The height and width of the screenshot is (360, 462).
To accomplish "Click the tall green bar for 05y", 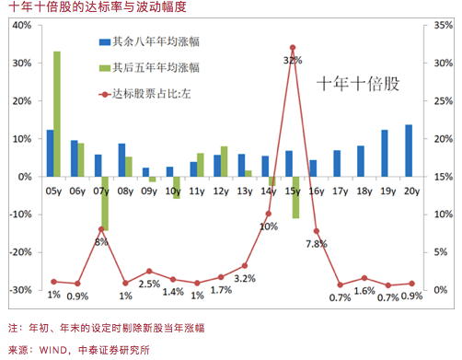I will click(57, 113).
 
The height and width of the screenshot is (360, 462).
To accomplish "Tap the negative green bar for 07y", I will click(105, 203).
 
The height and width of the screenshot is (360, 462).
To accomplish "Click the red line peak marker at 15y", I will click(293, 48).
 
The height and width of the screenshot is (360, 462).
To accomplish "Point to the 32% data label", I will click(293, 60).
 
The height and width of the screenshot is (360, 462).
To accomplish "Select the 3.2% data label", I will click(244, 277).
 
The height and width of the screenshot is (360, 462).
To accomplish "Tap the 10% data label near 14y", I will click(269, 226).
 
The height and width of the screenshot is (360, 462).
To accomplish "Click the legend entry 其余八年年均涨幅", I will click(157, 41).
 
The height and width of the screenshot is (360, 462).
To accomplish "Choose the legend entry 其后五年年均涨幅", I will click(157, 67).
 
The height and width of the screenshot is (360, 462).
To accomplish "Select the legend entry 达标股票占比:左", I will click(151, 93).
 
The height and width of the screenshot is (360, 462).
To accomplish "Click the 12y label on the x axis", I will click(221, 192).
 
